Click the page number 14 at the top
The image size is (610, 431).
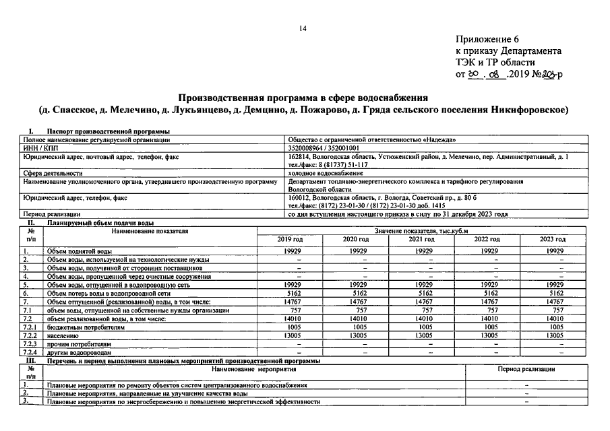tap(303, 28)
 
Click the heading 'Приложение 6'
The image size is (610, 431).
tap(487, 40)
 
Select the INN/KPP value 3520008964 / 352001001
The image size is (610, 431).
tap(324, 147)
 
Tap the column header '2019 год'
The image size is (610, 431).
tap(290, 239)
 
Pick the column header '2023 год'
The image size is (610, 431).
tap(552, 239)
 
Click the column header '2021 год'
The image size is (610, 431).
tap(421, 239)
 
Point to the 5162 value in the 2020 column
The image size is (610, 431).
tap(355, 294)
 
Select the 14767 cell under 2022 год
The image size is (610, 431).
tap(487, 302)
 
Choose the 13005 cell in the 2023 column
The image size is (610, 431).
tap(552, 335)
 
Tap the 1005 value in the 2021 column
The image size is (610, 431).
tap(421, 327)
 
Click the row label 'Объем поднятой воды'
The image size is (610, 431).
tap(74, 251)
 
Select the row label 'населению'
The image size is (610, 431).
tap(63, 335)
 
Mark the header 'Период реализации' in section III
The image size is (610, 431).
tap(526, 369)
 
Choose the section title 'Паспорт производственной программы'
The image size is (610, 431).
tap(108, 131)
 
